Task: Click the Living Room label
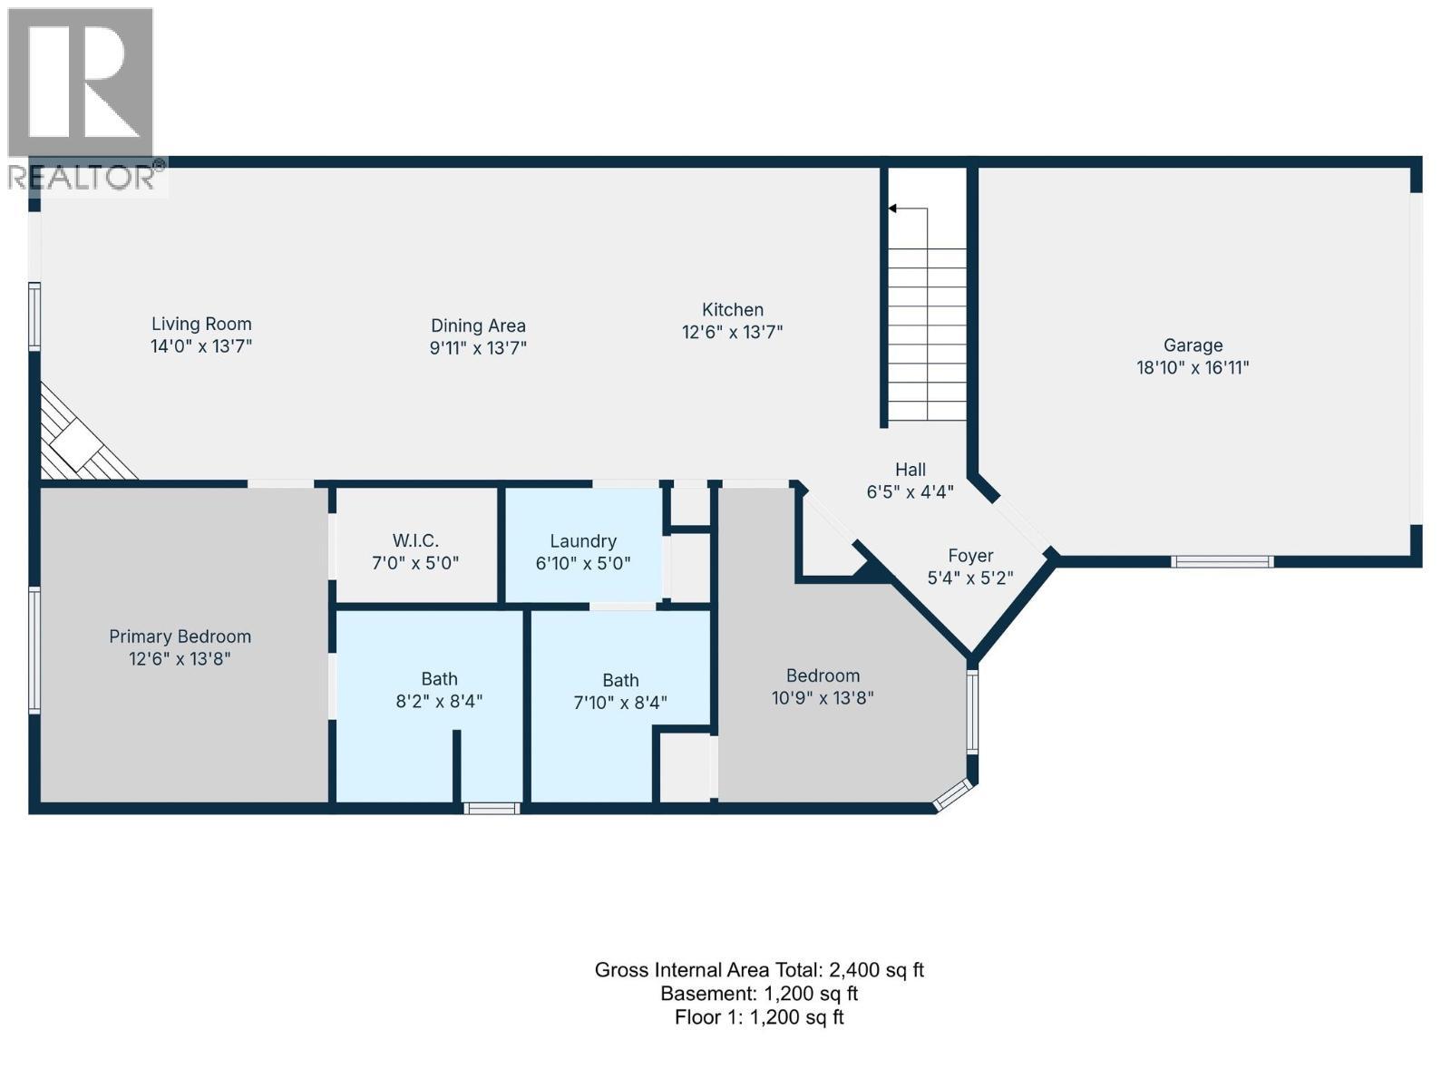pyautogui.click(x=200, y=324)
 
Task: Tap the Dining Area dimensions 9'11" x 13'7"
pyautogui.click(x=478, y=348)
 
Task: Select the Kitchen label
pyautogui.click(x=733, y=309)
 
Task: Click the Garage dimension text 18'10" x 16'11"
pyautogui.click(x=1193, y=367)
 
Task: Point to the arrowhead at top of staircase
pyautogui.click(x=892, y=209)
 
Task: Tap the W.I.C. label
pyautogui.click(x=415, y=540)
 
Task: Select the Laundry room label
pyautogui.click(x=583, y=540)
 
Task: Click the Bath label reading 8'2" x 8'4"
pyautogui.click(x=439, y=689)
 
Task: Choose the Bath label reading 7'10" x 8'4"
pyautogui.click(x=620, y=691)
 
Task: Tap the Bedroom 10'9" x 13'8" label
pyautogui.click(x=823, y=686)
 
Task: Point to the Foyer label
pyautogui.click(x=970, y=556)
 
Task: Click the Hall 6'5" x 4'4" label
pyautogui.click(x=910, y=481)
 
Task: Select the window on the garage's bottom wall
pyautogui.click(x=1222, y=562)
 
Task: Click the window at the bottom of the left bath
pyautogui.click(x=492, y=808)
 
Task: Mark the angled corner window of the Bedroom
pyautogui.click(x=952, y=795)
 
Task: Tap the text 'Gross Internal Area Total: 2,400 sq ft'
pyautogui.click(x=759, y=970)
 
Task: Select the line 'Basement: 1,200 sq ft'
pyautogui.click(x=759, y=994)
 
